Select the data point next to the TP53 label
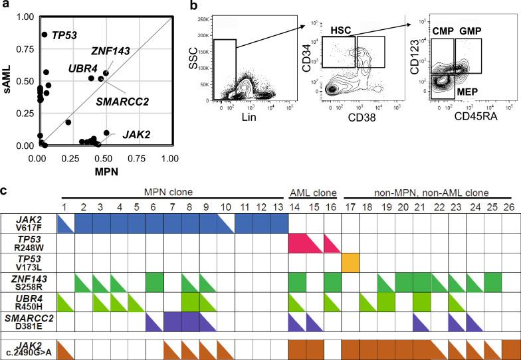(45, 35)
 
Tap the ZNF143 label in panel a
(111, 50)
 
